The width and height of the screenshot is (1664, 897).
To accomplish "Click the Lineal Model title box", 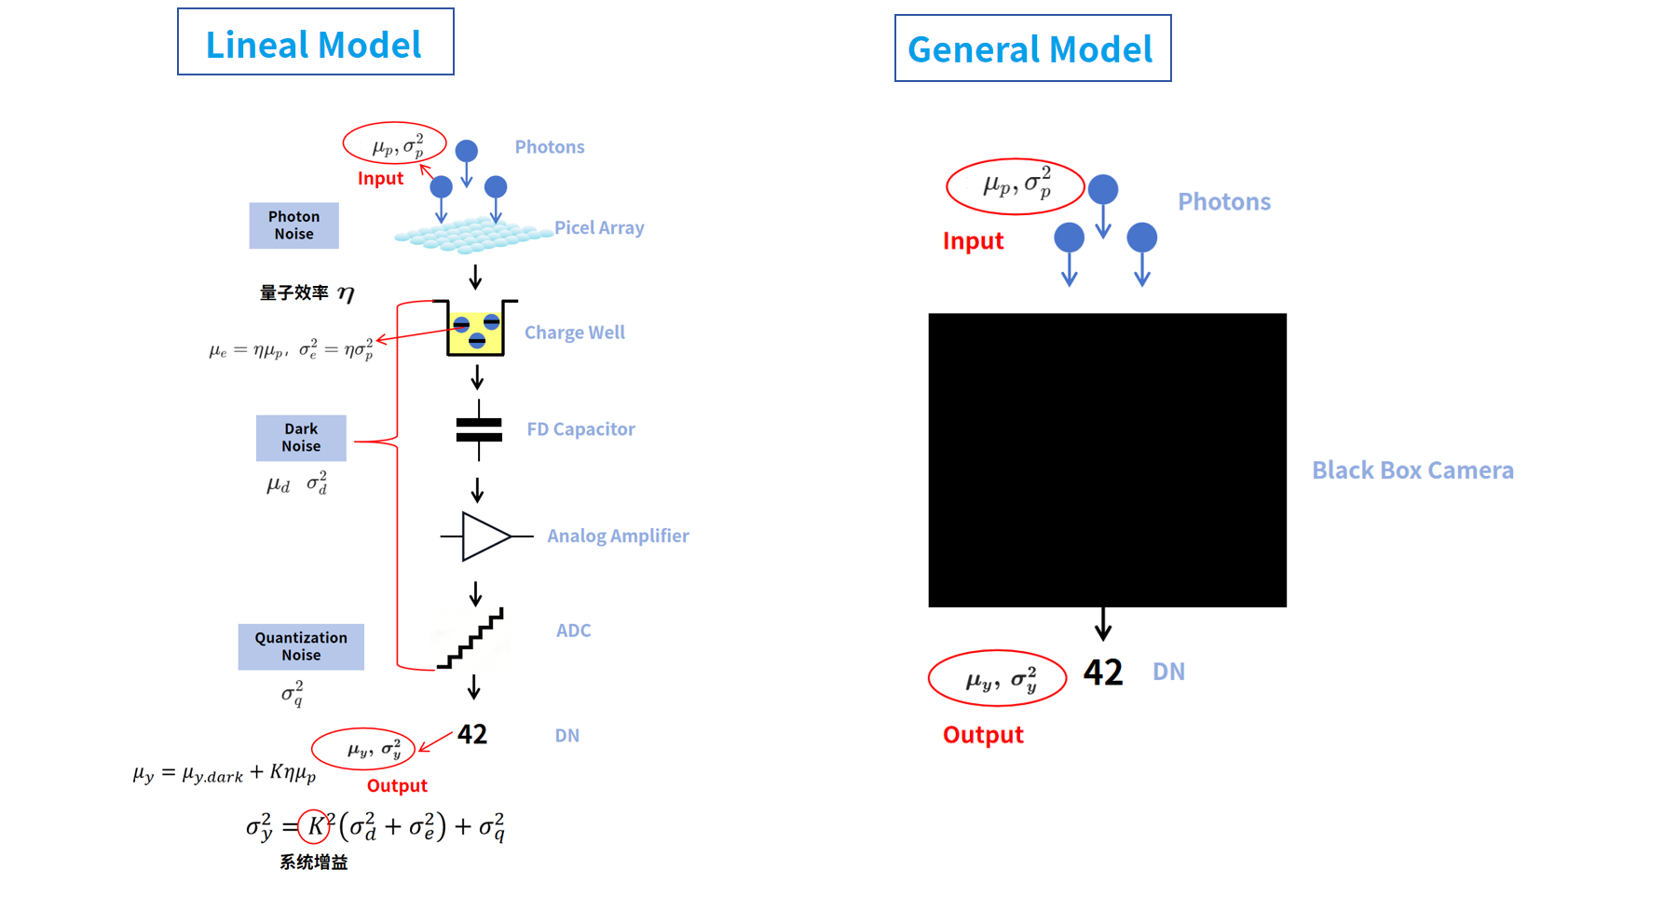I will click(315, 43).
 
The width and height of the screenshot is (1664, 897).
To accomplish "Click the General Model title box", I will click(1031, 48).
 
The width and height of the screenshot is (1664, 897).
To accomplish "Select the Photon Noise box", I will click(293, 225).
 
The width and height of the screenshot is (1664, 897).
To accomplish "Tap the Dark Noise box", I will click(301, 438).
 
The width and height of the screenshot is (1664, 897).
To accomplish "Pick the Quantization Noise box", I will click(301, 646).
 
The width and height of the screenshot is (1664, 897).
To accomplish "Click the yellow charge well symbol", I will click(476, 332).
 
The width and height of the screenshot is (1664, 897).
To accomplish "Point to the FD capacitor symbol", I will click(479, 429).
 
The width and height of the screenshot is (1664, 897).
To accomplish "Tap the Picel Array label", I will click(599, 228).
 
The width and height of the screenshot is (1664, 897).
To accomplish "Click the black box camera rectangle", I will click(1107, 460).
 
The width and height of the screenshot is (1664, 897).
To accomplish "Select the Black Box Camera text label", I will click(1412, 470).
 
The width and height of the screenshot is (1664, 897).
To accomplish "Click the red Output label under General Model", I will click(983, 735).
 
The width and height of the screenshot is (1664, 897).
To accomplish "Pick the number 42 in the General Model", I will click(1103, 673).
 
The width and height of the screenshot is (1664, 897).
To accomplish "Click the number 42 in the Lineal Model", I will click(472, 734).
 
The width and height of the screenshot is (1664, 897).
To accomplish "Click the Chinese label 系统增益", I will click(314, 863).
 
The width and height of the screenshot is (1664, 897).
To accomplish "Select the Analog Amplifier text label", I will click(618, 537).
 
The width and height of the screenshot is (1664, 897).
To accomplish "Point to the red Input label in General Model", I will click(973, 241).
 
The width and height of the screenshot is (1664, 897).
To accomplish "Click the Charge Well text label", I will click(574, 333).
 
